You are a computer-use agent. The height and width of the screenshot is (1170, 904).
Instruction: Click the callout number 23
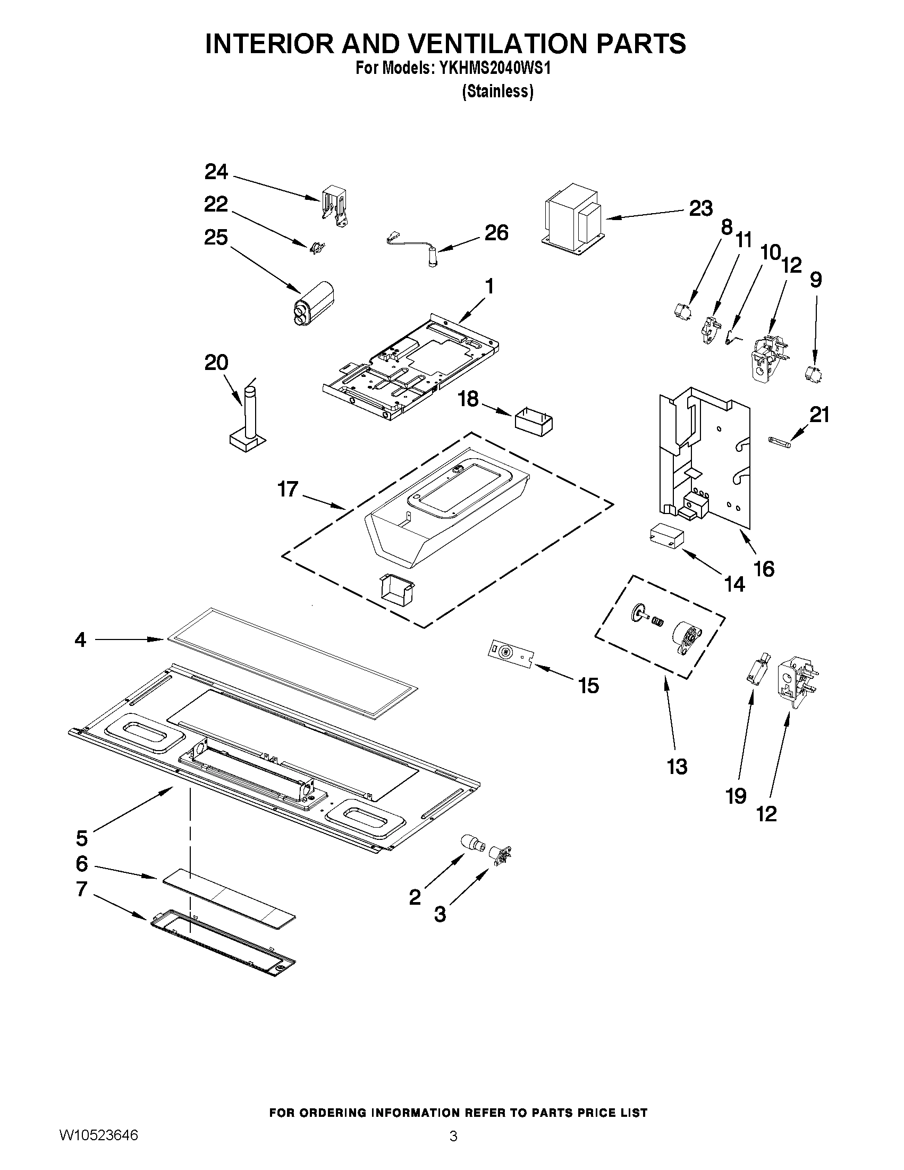(x=700, y=208)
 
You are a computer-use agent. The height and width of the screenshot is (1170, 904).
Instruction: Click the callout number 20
(x=216, y=363)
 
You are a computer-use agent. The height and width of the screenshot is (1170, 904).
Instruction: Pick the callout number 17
(x=288, y=489)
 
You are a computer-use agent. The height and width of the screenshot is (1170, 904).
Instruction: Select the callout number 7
(x=81, y=889)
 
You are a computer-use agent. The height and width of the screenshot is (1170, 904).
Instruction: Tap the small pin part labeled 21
(x=779, y=440)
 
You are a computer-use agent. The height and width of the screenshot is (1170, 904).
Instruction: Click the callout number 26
(x=496, y=233)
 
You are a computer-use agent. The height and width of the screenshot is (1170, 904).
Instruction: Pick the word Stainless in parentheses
(x=497, y=92)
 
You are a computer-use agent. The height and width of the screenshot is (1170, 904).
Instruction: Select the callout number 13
(x=677, y=767)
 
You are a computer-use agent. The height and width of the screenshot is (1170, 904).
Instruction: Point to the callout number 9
(x=815, y=280)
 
